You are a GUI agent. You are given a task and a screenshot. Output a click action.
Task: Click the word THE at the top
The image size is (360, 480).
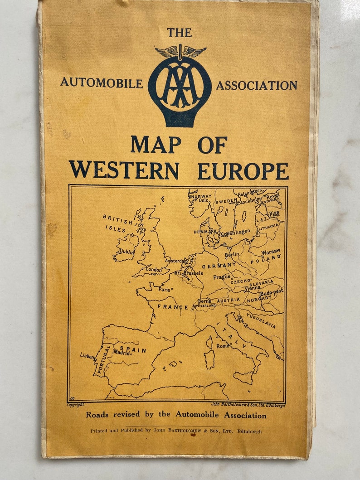pyautogui.click(x=179, y=33)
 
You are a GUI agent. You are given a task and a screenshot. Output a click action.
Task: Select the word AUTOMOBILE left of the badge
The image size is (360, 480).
pyautogui.click(x=102, y=83)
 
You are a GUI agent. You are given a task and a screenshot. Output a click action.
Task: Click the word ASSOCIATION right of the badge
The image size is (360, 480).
pyautogui.click(x=257, y=85)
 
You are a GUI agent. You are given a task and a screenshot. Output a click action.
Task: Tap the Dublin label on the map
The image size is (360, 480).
pyautogui.click(x=127, y=251)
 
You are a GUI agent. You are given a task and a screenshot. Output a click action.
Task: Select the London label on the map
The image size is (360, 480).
pyautogui.click(x=154, y=269)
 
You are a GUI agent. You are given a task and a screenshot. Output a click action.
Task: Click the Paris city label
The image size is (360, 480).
pyautogui.click(x=164, y=289)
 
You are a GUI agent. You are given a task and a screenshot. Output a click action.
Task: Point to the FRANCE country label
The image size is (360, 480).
pyautogui.click(x=172, y=307)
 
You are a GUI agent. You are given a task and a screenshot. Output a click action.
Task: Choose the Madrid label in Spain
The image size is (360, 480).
pyautogui.click(x=122, y=352)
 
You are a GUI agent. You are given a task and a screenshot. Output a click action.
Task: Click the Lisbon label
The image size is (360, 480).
pyautogui.click(x=88, y=356)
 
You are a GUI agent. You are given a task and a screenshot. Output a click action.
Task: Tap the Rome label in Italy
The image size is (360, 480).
pyautogui.click(x=222, y=345)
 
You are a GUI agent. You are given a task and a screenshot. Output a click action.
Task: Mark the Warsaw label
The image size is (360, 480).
pyautogui.click(x=271, y=251)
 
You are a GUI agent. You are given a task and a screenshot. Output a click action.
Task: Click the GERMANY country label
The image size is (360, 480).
pyautogui.click(x=219, y=266)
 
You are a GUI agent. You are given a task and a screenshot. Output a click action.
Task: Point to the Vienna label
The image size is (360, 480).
pyautogui.click(x=252, y=287)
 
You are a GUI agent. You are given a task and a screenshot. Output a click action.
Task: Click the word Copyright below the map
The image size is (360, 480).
pyautogui.click(x=76, y=405)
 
